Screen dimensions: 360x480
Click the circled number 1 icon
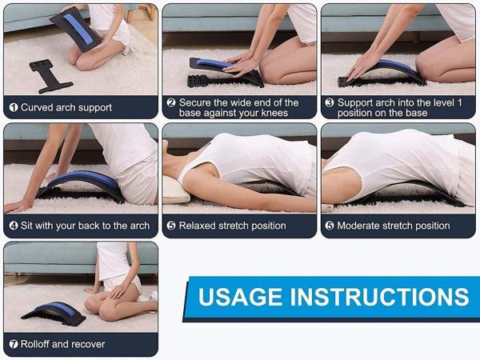click(x=14, y=107)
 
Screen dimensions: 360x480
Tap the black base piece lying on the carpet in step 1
click(x=50, y=74)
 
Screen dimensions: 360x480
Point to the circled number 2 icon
click(x=171, y=102)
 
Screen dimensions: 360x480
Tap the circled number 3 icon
click(x=329, y=102)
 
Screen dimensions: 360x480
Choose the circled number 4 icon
click(x=14, y=226)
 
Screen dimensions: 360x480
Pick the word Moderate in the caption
click(x=362, y=226)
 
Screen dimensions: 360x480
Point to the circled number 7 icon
click(x=14, y=344)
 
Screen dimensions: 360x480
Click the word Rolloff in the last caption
click(x=38, y=344)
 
